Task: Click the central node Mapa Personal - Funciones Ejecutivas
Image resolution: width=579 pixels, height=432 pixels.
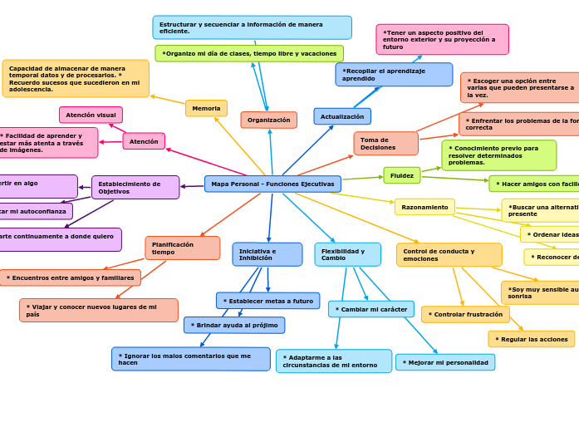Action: [272, 184]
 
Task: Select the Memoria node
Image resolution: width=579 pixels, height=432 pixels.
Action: [206, 108]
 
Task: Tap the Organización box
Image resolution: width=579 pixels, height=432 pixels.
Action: [268, 120]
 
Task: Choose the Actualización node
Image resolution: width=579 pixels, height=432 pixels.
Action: [342, 116]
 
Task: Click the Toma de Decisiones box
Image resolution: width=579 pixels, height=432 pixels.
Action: [385, 143]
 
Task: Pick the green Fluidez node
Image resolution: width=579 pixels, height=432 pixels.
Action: [402, 175]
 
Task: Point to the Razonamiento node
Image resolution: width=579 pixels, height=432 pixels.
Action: [424, 207]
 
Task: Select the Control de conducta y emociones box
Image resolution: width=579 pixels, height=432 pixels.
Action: [449, 254]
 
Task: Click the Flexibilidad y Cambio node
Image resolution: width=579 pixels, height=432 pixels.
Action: [347, 254]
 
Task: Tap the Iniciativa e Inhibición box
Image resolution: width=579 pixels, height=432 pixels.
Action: [267, 254]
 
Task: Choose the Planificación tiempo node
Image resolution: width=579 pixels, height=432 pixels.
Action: [182, 248]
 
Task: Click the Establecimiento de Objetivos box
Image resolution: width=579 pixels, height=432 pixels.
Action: [135, 187]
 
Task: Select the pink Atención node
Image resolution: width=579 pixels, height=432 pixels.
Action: [144, 141]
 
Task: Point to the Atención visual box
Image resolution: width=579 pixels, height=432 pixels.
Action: [91, 115]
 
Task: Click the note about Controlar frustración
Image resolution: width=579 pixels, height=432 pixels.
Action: [465, 314]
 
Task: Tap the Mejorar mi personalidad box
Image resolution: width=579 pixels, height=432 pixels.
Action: [445, 362]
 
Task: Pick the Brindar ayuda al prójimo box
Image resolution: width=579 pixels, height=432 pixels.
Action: [234, 325]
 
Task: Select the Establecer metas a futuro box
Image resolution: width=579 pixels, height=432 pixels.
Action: [267, 301]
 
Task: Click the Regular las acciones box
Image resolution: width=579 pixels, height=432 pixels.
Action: [531, 339]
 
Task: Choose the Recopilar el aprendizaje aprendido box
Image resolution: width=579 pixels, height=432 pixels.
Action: [394, 75]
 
